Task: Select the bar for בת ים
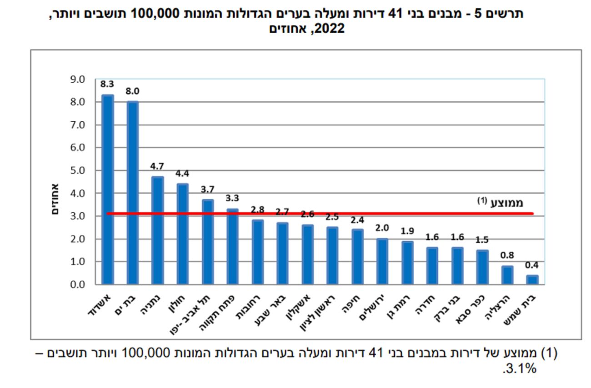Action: click(x=132, y=193)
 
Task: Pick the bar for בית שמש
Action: click(x=532, y=280)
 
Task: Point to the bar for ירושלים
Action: click(x=382, y=262)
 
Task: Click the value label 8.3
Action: click(x=107, y=84)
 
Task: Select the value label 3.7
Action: click(x=207, y=189)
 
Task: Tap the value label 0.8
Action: click(x=507, y=255)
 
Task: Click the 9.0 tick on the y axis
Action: click(x=78, y=80)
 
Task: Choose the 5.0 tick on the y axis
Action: click(x=78, y=171)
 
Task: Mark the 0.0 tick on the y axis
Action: click(x=78, y=285)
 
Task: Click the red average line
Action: click(x=318, y=213)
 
